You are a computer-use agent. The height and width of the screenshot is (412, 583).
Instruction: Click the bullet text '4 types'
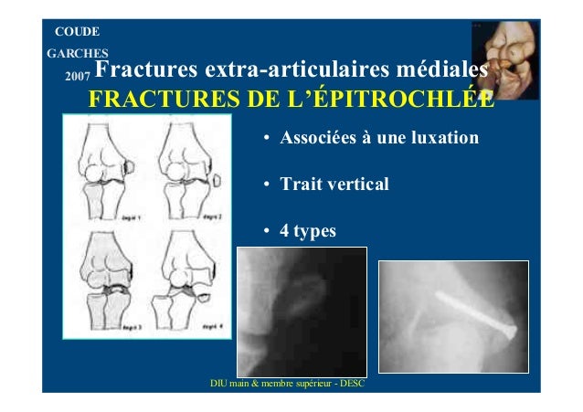[x=307, y=231]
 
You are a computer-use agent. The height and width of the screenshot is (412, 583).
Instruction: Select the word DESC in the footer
[x=350, y=383]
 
